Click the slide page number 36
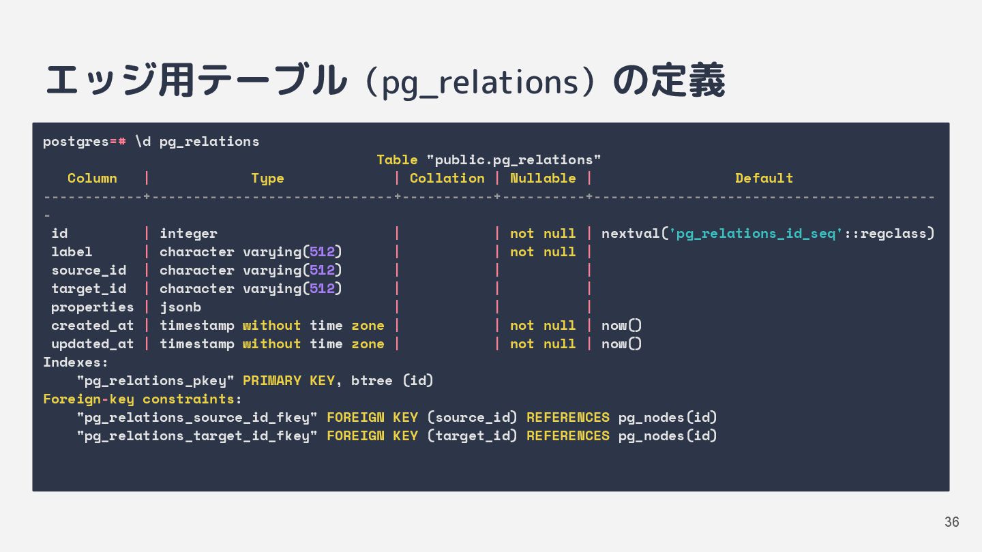point(951,522)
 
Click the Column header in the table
point(92,179)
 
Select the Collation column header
point(447,179)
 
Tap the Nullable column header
point(543,179)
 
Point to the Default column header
point(764,179)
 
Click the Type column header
point(267,179)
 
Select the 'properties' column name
point(92,307)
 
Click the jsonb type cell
point(180,307)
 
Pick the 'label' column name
point(72,252)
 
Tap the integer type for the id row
point(188,234)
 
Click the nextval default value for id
point(767,234)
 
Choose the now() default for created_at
point(621,326)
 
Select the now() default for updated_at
point(621,344)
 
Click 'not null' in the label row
point(543,252)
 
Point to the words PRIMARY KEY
point(288,381)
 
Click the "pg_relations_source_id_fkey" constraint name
point(197,418)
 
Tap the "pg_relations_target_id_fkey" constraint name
point(197,436)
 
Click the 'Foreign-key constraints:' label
point(143,399)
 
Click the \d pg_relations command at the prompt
point(197,142)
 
